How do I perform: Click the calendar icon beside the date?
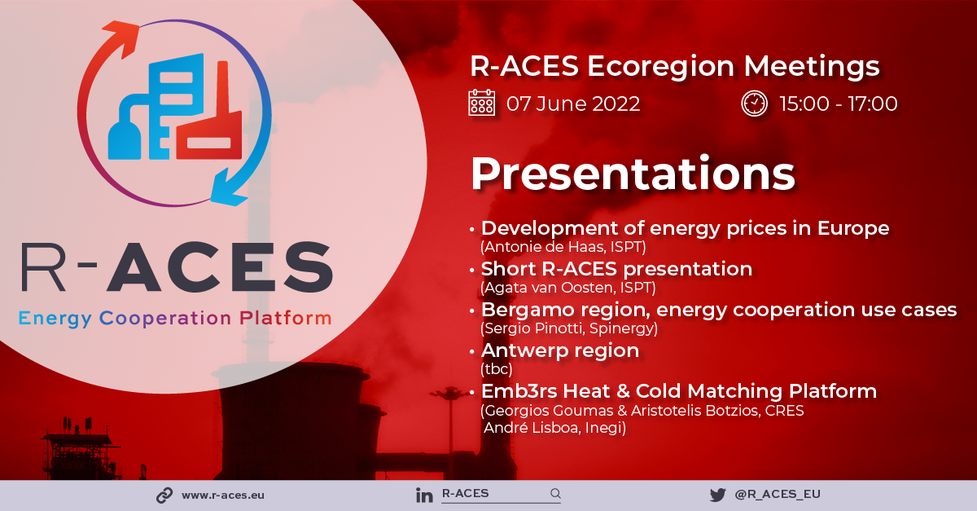[481, 103]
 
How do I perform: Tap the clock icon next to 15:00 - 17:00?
[754, 104]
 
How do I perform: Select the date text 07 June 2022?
[573, 104]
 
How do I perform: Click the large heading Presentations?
[633, 174]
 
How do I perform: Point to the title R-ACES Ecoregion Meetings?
[675, 67]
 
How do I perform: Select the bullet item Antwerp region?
[560, 350]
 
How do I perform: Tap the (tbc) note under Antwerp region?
[497, 369]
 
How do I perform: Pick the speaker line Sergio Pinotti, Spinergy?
[569, 328]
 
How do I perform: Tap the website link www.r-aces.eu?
[223, 496]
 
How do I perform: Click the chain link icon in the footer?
[164, 496]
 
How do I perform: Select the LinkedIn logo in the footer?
[424, 496]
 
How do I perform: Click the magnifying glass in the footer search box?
[555, 494]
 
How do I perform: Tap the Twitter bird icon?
[718, 496]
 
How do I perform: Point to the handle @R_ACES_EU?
[778, 495]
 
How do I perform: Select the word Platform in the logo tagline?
[286, 318]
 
